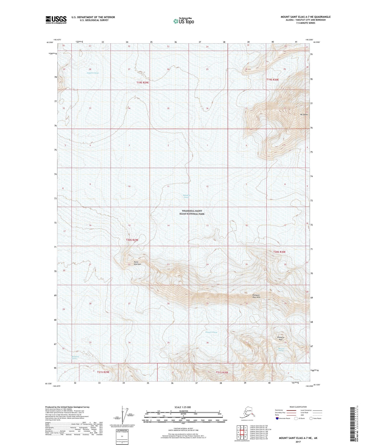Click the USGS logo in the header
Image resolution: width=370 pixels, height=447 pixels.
[x=56, y=20]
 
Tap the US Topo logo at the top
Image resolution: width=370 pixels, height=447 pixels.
[x=183, y=21]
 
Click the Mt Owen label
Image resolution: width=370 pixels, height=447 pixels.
[x=304, y=114]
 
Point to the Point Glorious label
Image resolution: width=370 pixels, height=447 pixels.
[x=137, y=263]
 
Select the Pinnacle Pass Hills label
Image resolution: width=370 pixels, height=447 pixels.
[x=256, y=296]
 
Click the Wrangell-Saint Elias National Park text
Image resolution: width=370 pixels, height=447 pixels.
[x=192, y=212]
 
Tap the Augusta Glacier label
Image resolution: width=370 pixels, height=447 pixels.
[x=93, y=73]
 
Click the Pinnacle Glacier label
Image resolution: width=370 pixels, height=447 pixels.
[x=212, y=332]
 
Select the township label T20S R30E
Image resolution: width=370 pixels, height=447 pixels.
[x=279, y=252]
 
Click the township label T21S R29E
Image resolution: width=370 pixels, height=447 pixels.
[x=103, y=372]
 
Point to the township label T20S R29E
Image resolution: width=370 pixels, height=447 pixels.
[x=132, y=240]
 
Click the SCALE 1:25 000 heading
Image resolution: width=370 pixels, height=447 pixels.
[x=183, y=407]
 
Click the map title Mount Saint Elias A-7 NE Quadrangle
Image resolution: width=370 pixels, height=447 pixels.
[x=305, y=17]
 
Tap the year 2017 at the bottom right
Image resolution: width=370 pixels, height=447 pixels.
[x=298, y=442]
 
